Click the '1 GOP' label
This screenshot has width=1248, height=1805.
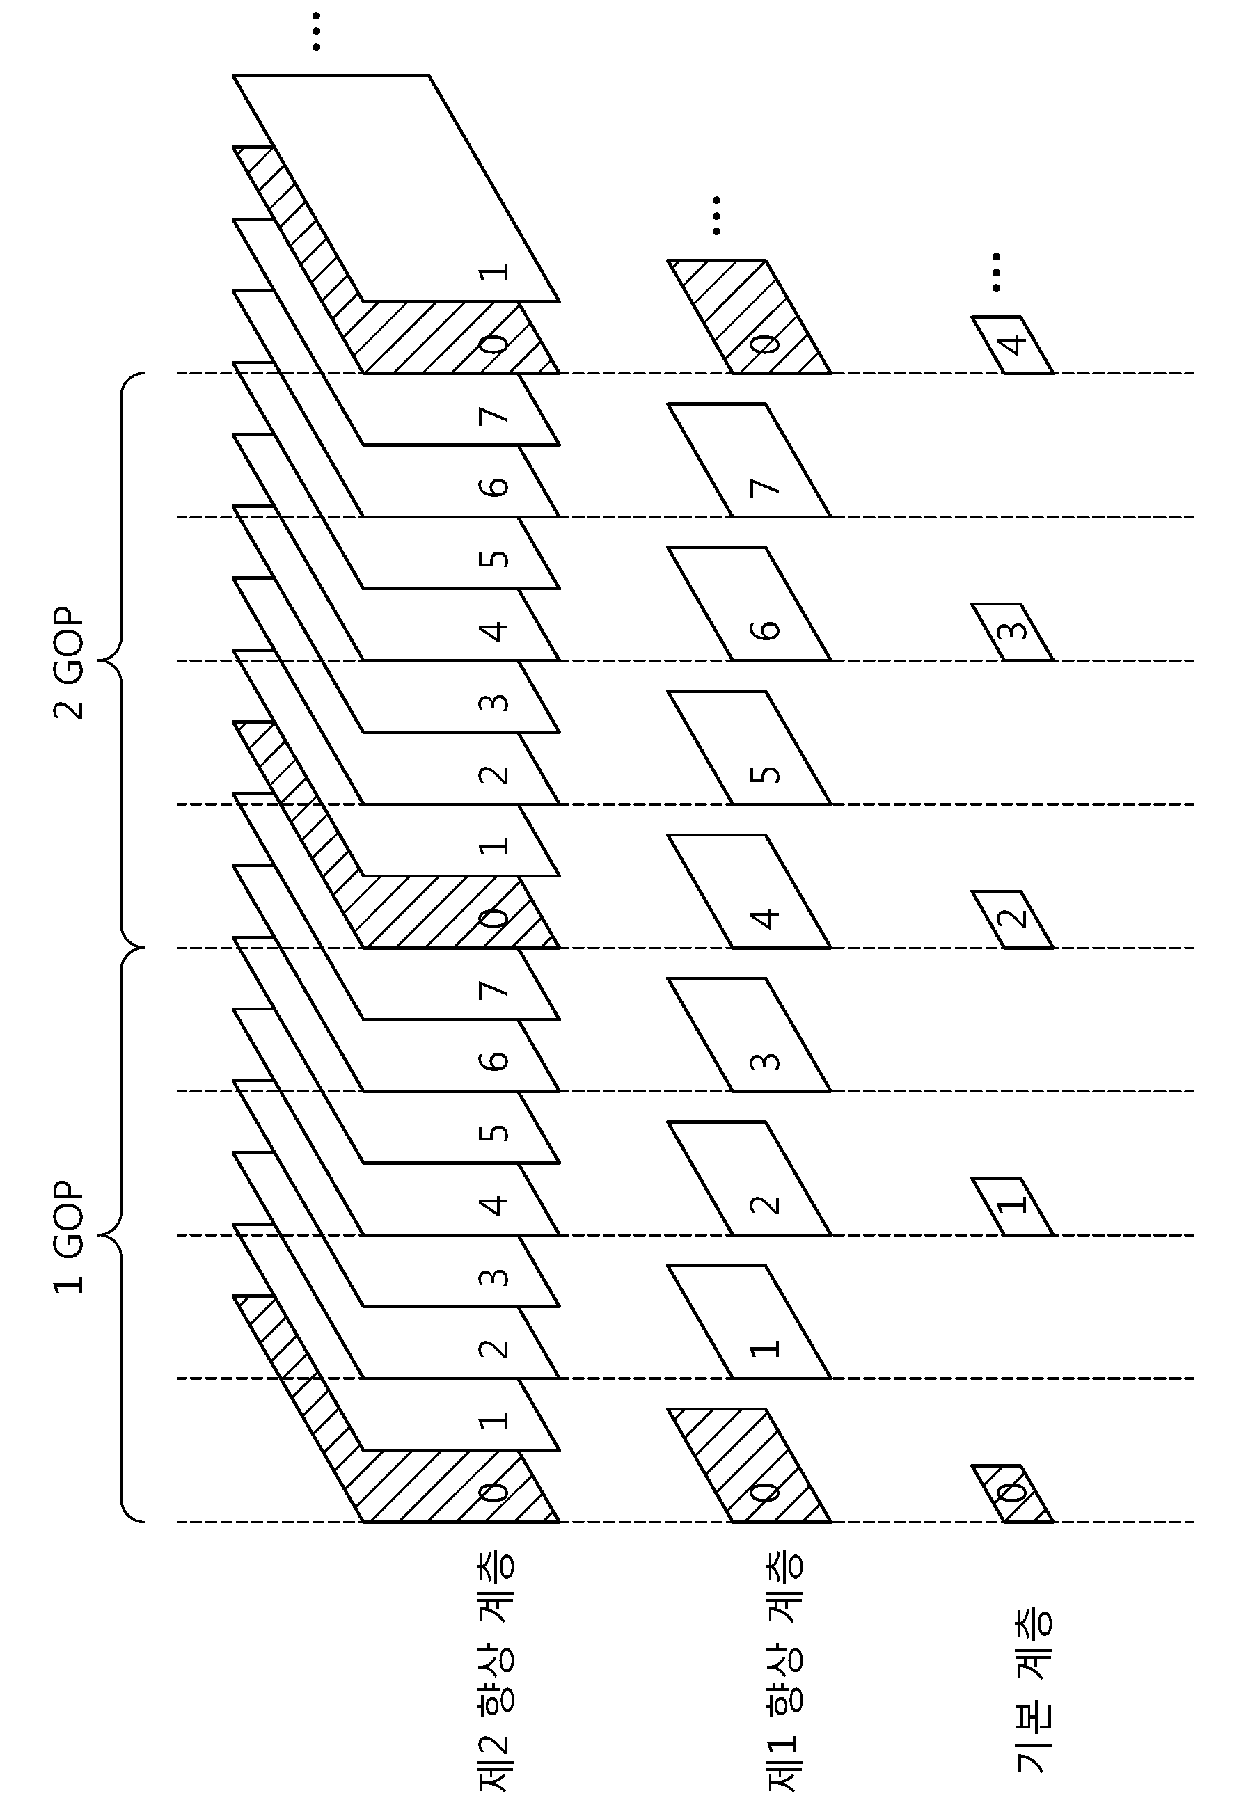tap(68, 1237)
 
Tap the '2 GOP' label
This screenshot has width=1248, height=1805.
tap(68, 663)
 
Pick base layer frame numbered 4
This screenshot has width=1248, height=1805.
tap(1013, 344)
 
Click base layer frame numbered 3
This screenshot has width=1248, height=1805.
tap(1013, 632)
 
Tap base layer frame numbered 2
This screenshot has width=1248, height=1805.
tap(1013, 919)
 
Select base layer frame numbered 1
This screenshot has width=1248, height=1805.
tap(1013, 1206)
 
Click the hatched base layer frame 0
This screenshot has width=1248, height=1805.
tap(1013, 1494)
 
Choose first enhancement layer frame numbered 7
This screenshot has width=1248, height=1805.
tap(749, 461)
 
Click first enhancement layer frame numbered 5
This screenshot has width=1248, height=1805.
tap(749, 747)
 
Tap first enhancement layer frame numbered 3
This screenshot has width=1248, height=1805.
tap(749, 1034)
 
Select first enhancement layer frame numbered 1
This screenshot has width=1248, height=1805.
tap(749, 1322)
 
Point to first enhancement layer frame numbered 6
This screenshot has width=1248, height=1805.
tap(749, 603)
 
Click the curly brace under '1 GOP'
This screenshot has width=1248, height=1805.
tap(120, 1235)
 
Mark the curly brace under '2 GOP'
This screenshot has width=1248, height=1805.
tap(120, 660)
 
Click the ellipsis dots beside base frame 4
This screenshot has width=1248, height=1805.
tap(995, 271)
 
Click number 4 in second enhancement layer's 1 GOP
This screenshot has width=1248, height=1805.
tap(494, 1205)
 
